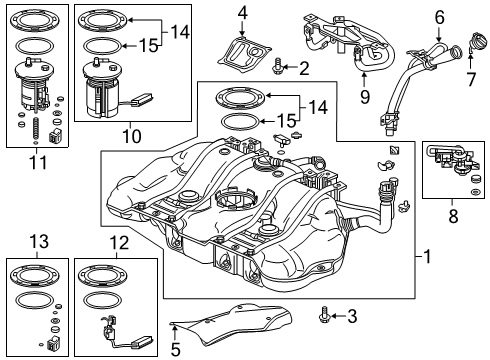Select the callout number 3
click(352, 316)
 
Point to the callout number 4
click(242, 13)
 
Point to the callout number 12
click(119, 242)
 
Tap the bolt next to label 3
click(327, 316)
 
